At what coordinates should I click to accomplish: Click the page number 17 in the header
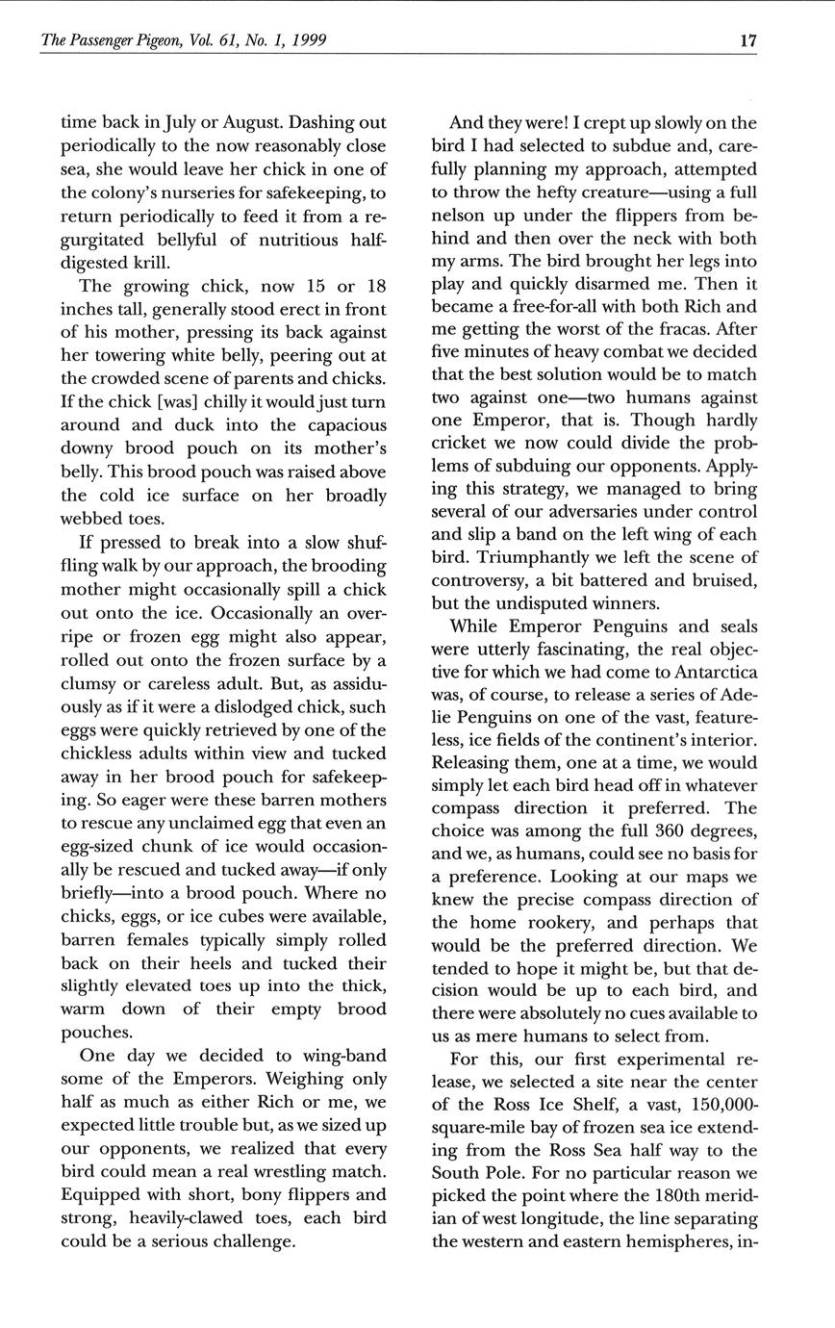pos(747,40)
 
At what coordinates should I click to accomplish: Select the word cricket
pos(462,443)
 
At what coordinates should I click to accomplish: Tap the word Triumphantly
pos(557,557)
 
